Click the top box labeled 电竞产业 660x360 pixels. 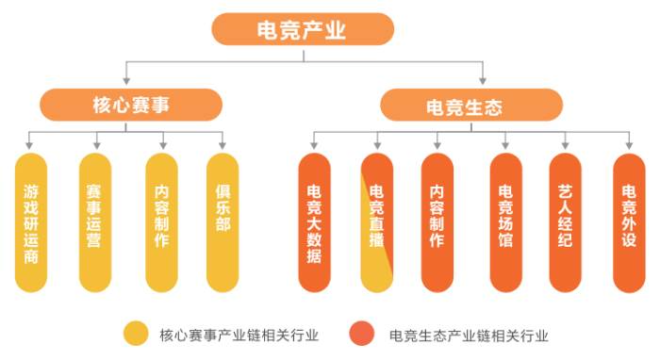303,29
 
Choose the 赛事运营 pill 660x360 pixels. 94,222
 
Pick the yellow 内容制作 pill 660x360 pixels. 161,222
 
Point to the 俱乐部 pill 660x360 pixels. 223,222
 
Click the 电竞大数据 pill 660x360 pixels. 314,222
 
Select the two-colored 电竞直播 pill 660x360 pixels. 376,222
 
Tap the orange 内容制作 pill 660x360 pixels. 437,222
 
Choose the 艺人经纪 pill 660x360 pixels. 566,222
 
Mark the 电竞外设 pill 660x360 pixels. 629,222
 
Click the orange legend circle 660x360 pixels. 361,334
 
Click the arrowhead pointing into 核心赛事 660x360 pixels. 125,83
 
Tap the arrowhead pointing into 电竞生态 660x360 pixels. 483,83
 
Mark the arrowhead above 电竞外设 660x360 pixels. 629,146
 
